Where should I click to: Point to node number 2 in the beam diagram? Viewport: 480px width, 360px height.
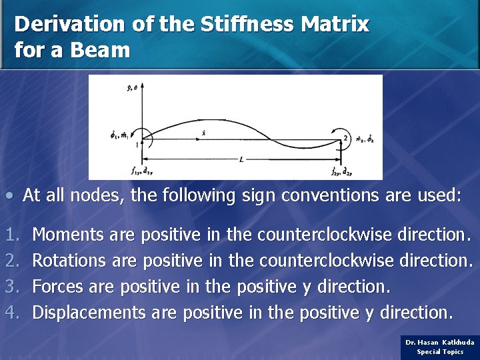[x=345, y=138]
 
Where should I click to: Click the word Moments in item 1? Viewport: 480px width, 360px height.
[x=67, y=235]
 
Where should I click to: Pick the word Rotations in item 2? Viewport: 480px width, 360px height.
[x=69, y=260]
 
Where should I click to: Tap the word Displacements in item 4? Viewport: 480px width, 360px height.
[x=89, y=312]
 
